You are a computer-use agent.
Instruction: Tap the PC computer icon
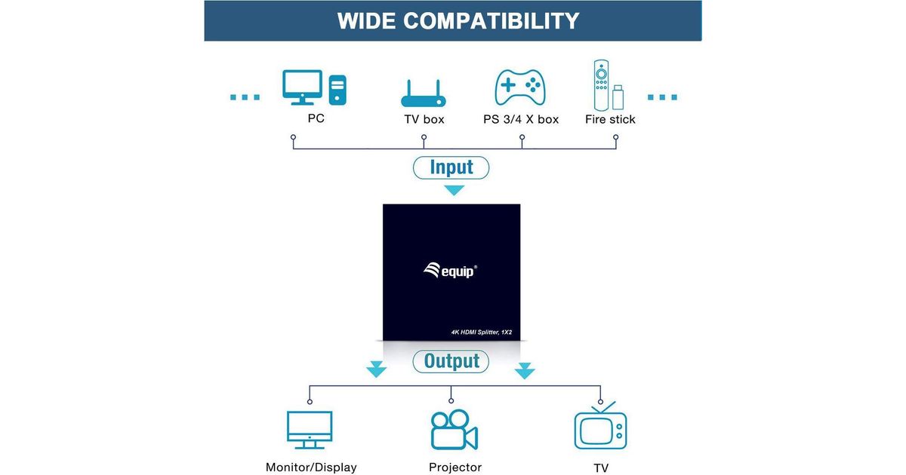(314, 88)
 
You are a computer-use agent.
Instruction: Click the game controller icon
(520, 87)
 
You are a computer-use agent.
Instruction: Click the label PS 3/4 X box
(521, 119)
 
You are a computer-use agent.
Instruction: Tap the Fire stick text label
(610, 119)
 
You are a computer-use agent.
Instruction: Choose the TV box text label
(424, 119)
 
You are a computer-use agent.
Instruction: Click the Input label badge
(451, 167)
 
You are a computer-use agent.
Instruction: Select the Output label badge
(451, 361)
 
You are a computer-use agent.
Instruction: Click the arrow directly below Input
(453, 190)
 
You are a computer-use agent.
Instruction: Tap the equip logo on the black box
(450, 270)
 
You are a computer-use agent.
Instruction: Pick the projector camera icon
(454, 431)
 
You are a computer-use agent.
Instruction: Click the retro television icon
(600, 427)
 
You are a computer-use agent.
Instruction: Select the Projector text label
(455, 467)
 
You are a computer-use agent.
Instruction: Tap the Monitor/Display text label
(311, 467)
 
